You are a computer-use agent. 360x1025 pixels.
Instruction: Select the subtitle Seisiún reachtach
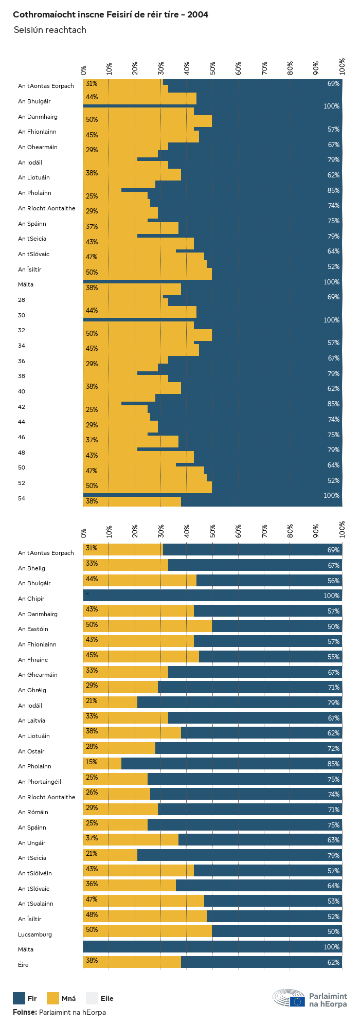(x=50, y=30)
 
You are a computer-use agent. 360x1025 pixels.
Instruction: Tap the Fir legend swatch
(x=19, y=998)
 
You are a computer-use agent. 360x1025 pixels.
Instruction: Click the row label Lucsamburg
(x=35, y=934)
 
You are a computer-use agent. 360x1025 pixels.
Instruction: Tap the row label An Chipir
(x=31, y=599)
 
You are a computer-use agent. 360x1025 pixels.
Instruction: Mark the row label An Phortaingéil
(x=40, y=782)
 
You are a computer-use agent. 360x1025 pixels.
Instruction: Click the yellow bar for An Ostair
(x=119, y=748)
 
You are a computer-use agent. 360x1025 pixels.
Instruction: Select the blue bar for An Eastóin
(x=277, y=626)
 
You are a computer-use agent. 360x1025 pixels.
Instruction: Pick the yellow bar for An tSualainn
(x=144, y=901)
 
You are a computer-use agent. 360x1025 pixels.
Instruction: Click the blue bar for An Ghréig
(x=250, y=687)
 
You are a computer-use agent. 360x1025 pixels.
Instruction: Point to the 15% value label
(x=92, y=762)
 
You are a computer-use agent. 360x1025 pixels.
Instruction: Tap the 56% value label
(x=333, y=581)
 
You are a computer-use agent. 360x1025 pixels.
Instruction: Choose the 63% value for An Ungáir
(x=333, y=840)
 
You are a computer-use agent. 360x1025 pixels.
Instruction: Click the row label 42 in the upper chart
(x=22, y=407)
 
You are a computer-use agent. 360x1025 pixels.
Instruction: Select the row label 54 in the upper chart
(x=22, y=498)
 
